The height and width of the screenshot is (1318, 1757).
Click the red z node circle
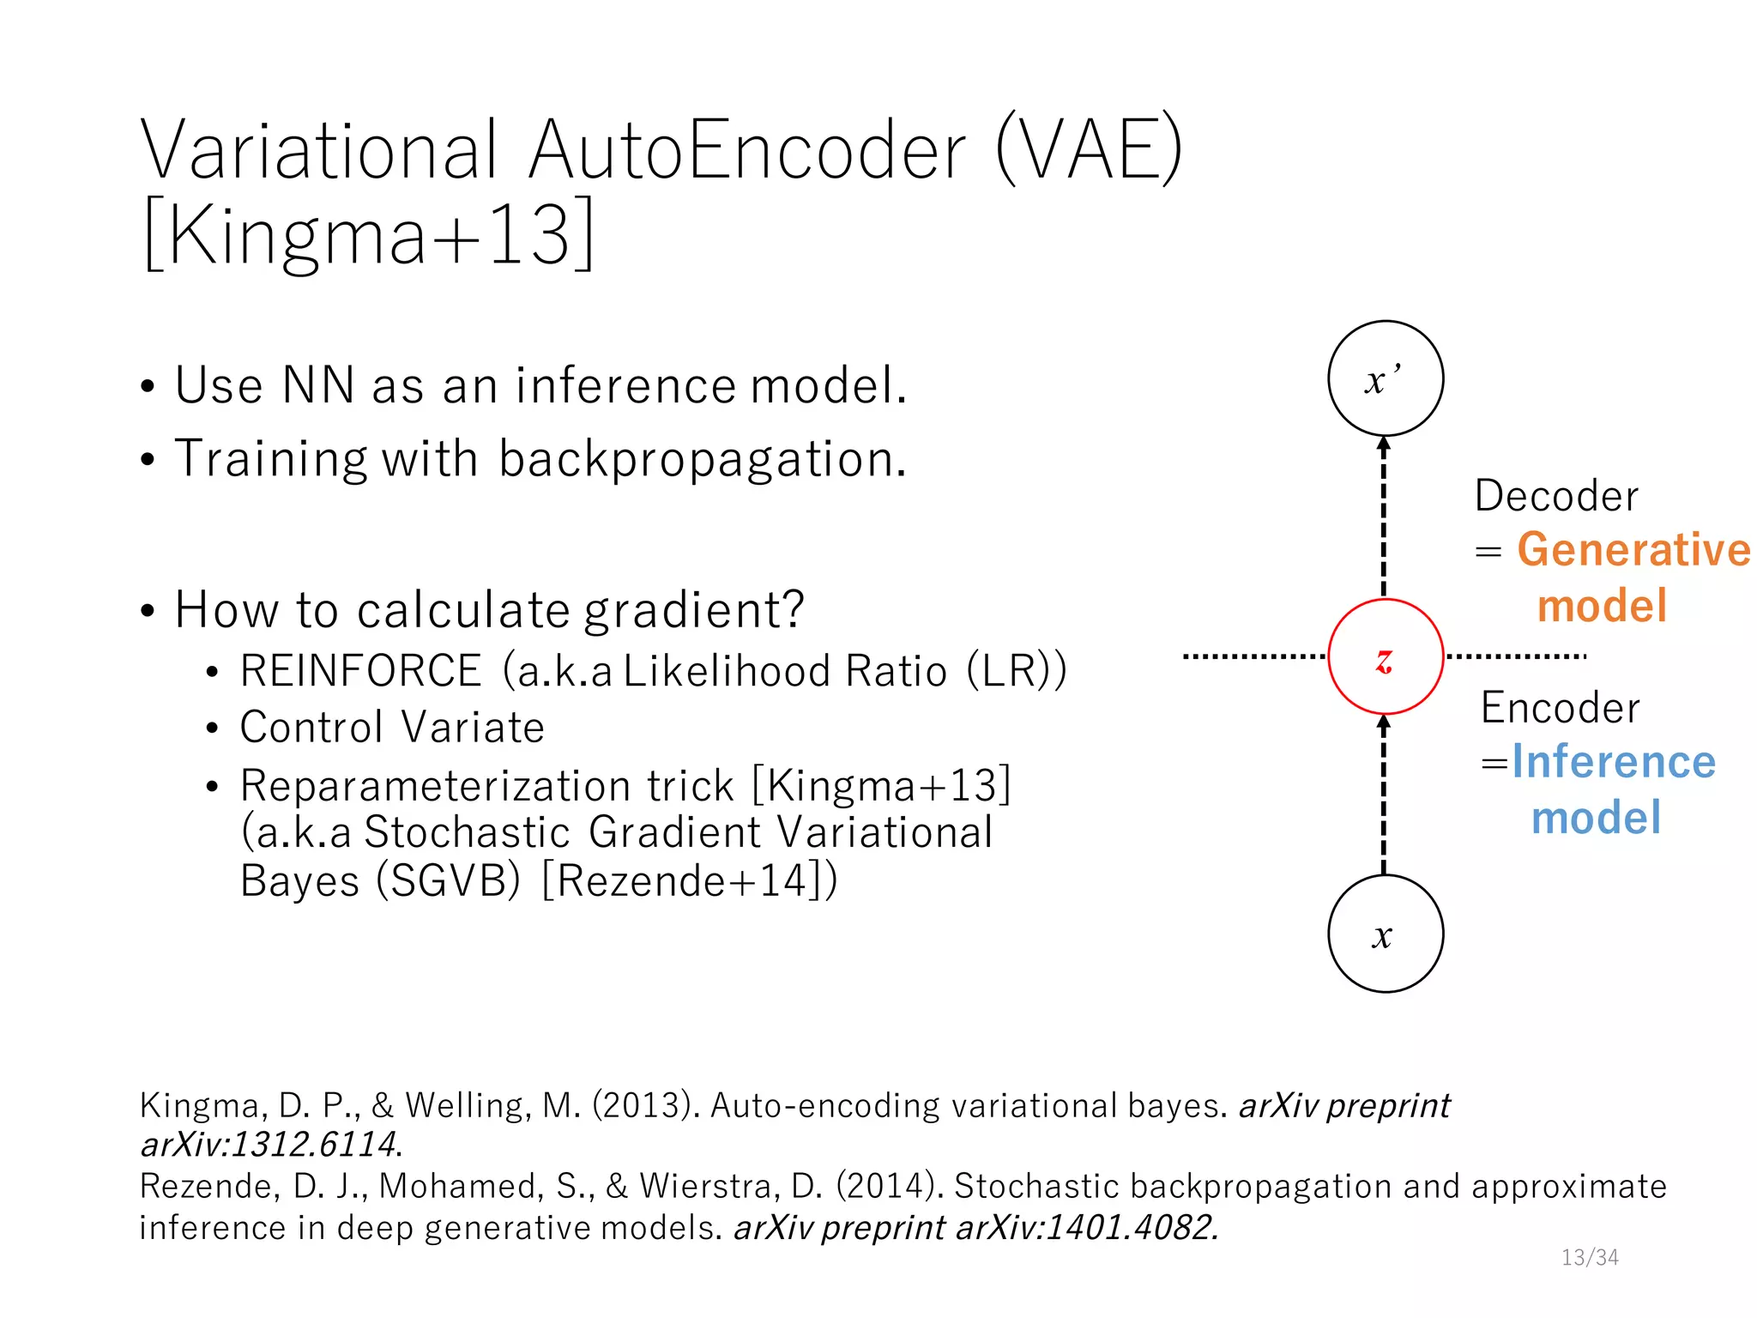[1385, 657]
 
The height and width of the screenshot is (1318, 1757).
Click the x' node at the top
[1385, 378]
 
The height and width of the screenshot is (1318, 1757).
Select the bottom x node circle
[1385, 934]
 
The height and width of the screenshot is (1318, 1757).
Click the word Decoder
[1556, 497]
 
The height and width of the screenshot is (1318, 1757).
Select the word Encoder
[1560, 709]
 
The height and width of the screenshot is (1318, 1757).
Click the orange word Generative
[1633, 550]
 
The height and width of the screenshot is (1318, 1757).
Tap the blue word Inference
[1613, 762]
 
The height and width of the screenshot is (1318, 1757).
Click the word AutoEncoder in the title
[747, 151]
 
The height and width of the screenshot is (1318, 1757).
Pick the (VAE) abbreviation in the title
[1089, 151]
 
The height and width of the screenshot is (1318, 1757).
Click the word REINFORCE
[360, 671]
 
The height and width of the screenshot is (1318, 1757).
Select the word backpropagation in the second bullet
[702, 459]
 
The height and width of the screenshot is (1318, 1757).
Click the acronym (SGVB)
[448, 881]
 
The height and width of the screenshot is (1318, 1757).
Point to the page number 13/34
[1589, 1257]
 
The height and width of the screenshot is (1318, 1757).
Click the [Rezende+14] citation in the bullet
[682, 881]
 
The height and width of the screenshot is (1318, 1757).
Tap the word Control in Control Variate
[311, 729]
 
